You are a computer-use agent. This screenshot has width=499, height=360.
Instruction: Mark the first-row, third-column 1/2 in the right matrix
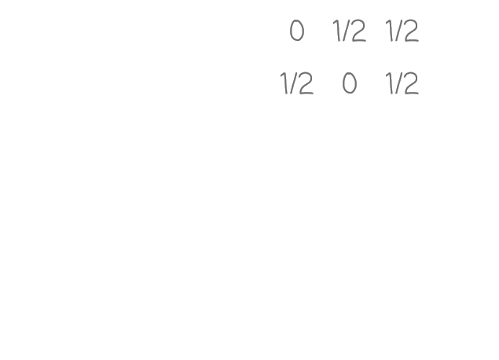coord(402,32)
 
